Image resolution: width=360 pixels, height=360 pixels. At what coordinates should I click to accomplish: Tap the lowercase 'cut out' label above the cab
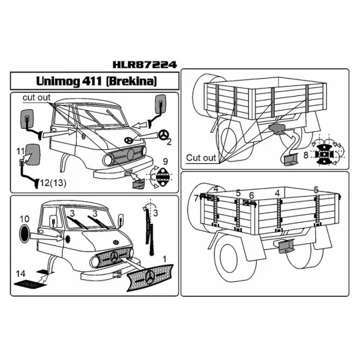pos(37,98)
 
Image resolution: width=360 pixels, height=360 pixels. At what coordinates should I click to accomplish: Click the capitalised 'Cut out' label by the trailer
pos(201,158)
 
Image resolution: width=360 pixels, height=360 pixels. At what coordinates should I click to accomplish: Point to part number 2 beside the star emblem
pos(169,141)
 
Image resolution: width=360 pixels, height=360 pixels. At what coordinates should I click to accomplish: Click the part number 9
pos(165,161)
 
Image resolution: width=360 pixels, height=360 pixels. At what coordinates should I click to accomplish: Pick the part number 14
pos(21,273)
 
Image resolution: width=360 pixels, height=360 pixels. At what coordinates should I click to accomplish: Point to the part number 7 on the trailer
pos(196,198)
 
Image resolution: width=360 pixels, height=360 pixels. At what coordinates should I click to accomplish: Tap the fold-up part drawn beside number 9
pos(161,177)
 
